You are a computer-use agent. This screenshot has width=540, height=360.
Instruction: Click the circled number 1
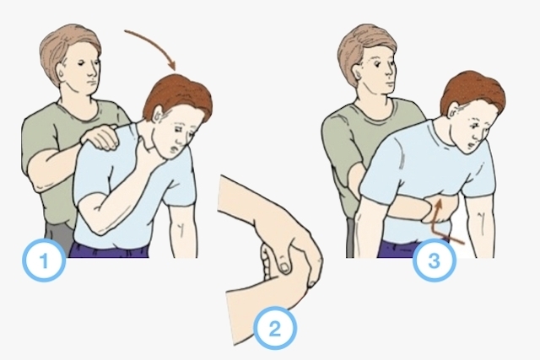(x=44, y=260)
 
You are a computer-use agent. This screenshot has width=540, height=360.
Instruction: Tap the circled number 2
(x=274, y=329)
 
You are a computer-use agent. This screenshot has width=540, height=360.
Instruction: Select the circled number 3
(x=435, y=260)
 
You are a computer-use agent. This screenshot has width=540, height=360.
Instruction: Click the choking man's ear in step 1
(x=159, y=115)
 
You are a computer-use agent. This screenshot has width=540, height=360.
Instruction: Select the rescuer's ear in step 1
(x=62, y=73)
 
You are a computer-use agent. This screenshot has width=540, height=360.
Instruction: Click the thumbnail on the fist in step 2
(x=284, y=267)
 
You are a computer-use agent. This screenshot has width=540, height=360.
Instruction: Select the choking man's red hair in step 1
(x=179, y=94)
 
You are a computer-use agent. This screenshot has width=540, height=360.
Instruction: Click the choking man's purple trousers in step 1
(x=110, y=250)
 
